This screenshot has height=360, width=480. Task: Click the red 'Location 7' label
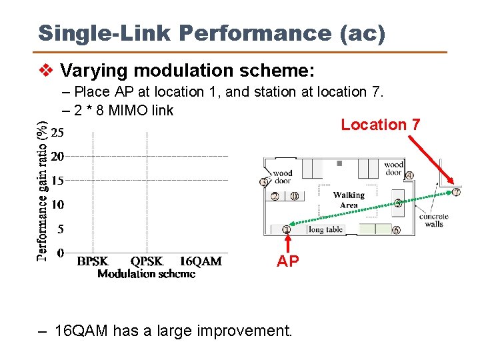tap(380, 125)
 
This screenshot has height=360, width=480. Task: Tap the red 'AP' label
tap(288, 261)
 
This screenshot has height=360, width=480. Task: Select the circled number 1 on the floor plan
tap(287, 230)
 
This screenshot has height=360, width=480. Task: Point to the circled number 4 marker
tap(409, 175)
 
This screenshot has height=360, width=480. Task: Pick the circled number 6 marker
tap(396, 231)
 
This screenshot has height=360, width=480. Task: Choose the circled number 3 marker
tap(264, 182)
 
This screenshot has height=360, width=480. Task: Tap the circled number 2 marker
tap(275, 196)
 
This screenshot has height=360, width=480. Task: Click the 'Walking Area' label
tap(349, 200)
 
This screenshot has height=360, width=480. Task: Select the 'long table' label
tap(326, 230)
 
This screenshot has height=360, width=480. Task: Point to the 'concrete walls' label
tap(433, 220)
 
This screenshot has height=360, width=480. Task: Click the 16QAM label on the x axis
tap(201, 261)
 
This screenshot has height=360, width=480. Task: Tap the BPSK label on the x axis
tap(93, 261)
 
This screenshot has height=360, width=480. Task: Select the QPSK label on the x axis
tap(147, 261)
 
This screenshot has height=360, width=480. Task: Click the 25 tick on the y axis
tap(58, 133)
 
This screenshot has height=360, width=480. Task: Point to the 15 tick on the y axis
tap(58, 180)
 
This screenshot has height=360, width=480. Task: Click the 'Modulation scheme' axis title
tap(146, 273)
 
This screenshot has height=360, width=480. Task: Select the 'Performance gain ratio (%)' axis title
tap(42, 190)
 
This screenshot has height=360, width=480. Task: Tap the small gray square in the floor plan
tap(339, 163)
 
